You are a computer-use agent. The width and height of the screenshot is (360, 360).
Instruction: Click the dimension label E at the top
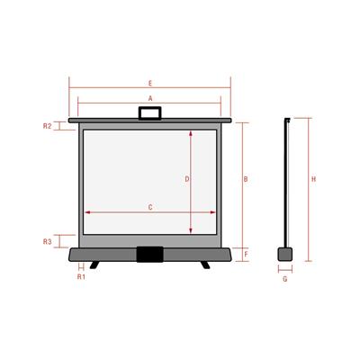click(150, 83)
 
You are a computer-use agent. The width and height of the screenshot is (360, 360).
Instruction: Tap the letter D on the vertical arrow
click(186, 180)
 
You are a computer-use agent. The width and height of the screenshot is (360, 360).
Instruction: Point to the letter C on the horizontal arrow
click(150, 207)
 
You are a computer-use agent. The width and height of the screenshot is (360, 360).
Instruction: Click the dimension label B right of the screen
click(245, 180)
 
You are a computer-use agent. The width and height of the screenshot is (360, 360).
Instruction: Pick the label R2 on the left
click(48, 126)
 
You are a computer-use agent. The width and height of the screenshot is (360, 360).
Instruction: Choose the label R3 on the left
click(48, 242)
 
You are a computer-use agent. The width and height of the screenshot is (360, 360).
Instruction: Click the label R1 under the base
click(80, 277)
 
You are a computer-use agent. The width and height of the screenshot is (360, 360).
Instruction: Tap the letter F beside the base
click(245, 255)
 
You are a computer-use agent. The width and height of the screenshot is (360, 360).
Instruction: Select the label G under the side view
click(284, 279)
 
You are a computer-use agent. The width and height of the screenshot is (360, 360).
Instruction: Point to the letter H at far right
click(313, 180)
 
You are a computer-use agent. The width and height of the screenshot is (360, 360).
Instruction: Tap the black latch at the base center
click(150, 256)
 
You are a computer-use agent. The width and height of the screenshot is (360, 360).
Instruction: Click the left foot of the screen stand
click(94, 265)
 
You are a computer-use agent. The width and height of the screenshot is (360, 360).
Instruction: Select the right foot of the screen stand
click(206, 265)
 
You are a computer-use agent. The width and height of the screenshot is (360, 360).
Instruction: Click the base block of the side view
click(285, 255)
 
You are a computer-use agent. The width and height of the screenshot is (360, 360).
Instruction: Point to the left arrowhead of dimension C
click(87, 213)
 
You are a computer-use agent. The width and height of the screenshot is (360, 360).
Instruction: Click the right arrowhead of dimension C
click(213, 213)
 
